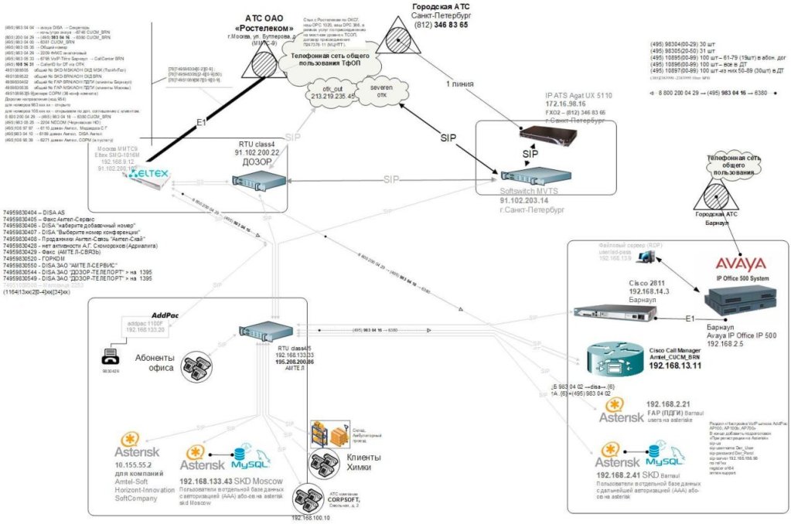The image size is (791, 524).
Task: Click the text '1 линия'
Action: [461, 83]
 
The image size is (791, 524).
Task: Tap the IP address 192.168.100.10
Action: [312, 517]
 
